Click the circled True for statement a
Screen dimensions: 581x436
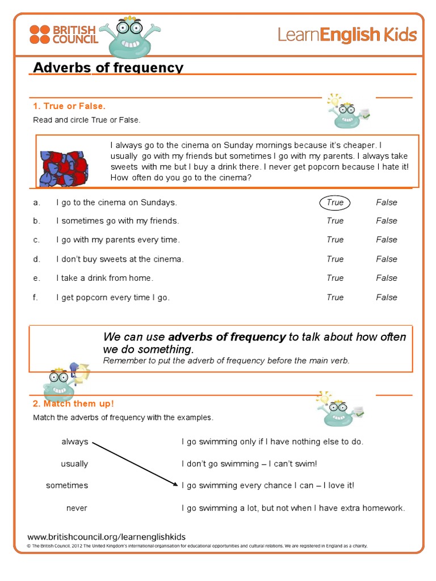(335, 203)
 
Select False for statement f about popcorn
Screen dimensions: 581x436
(386, 297)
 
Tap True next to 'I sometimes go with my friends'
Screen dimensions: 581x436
(335, 221)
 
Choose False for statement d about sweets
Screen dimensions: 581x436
(386, 259)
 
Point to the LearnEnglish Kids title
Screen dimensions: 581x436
(347, 35)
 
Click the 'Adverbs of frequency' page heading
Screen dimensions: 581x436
(108, 68)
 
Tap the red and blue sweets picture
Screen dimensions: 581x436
(64, 168)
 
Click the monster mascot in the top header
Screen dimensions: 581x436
(129, 38)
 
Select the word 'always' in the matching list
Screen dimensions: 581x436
(75, 441)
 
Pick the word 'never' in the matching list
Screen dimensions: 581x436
(77, 508)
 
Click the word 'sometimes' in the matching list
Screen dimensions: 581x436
(67, 486)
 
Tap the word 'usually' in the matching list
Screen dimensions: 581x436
(74, 464)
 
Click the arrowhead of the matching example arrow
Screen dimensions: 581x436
(175, 484)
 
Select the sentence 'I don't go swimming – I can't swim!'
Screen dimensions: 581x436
(249, 464)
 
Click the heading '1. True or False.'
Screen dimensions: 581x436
(69, 106)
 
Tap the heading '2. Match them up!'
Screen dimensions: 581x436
(73, 403)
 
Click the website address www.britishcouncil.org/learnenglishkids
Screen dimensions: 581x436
(107, 537)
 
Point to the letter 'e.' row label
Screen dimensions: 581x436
(36, 278)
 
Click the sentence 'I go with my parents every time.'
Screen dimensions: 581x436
(118, 240)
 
